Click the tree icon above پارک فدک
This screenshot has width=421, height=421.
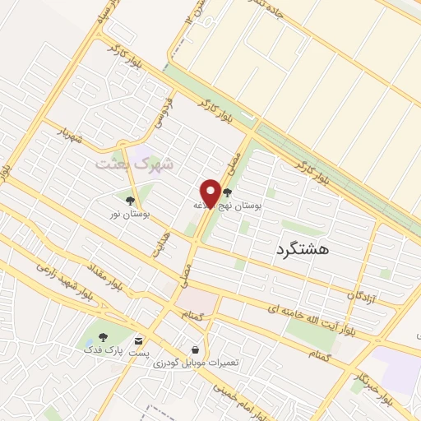(103, 337)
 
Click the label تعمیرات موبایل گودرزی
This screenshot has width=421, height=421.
(194, 363)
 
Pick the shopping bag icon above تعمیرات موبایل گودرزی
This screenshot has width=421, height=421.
(194, 349)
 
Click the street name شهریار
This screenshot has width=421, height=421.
(70, 136)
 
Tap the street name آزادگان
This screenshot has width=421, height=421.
(361, 294)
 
